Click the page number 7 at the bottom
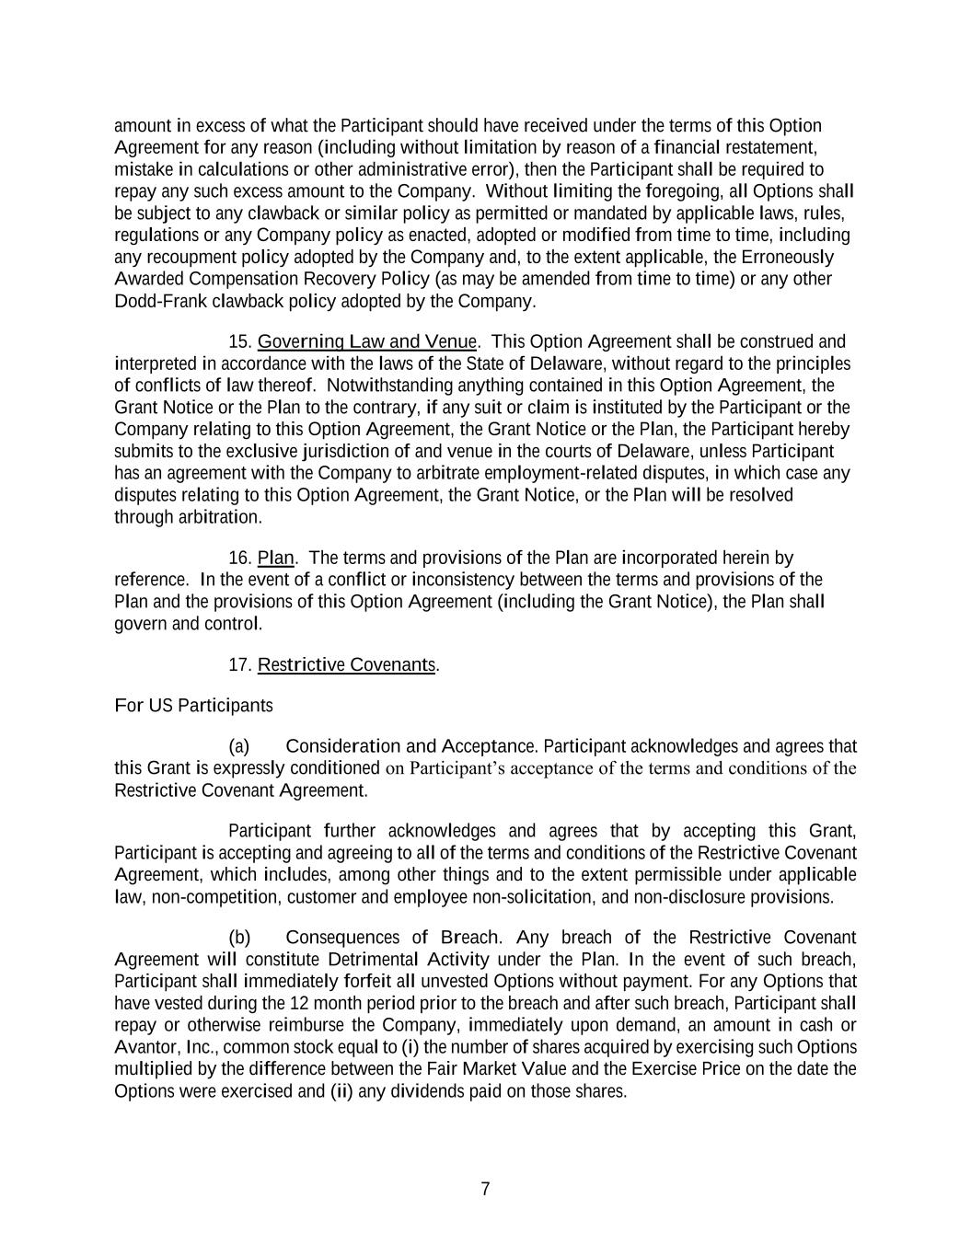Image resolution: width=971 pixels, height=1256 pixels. pyautogui.click(x=485, y=1189)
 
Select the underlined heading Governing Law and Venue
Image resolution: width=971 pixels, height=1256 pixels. pyautogui.click(x=367, y=342)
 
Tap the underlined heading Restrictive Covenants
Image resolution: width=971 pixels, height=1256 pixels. pyautogui.click(x=346, y=664)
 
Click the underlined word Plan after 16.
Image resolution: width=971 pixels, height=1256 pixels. pyautogui.click(x=275, y=558)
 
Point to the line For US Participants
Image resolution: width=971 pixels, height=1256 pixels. pyautogui.click(x=193, y=706)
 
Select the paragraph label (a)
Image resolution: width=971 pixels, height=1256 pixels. pyautogui.click(x=239, y=746)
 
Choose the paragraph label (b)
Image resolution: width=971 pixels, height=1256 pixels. pyautogui.click(x=239, y=938)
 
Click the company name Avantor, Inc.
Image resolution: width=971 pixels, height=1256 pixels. pyautogui.click(x=166, y=1047)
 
